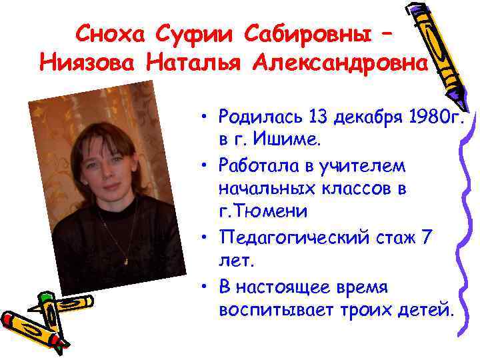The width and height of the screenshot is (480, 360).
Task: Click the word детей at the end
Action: (420, 311)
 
